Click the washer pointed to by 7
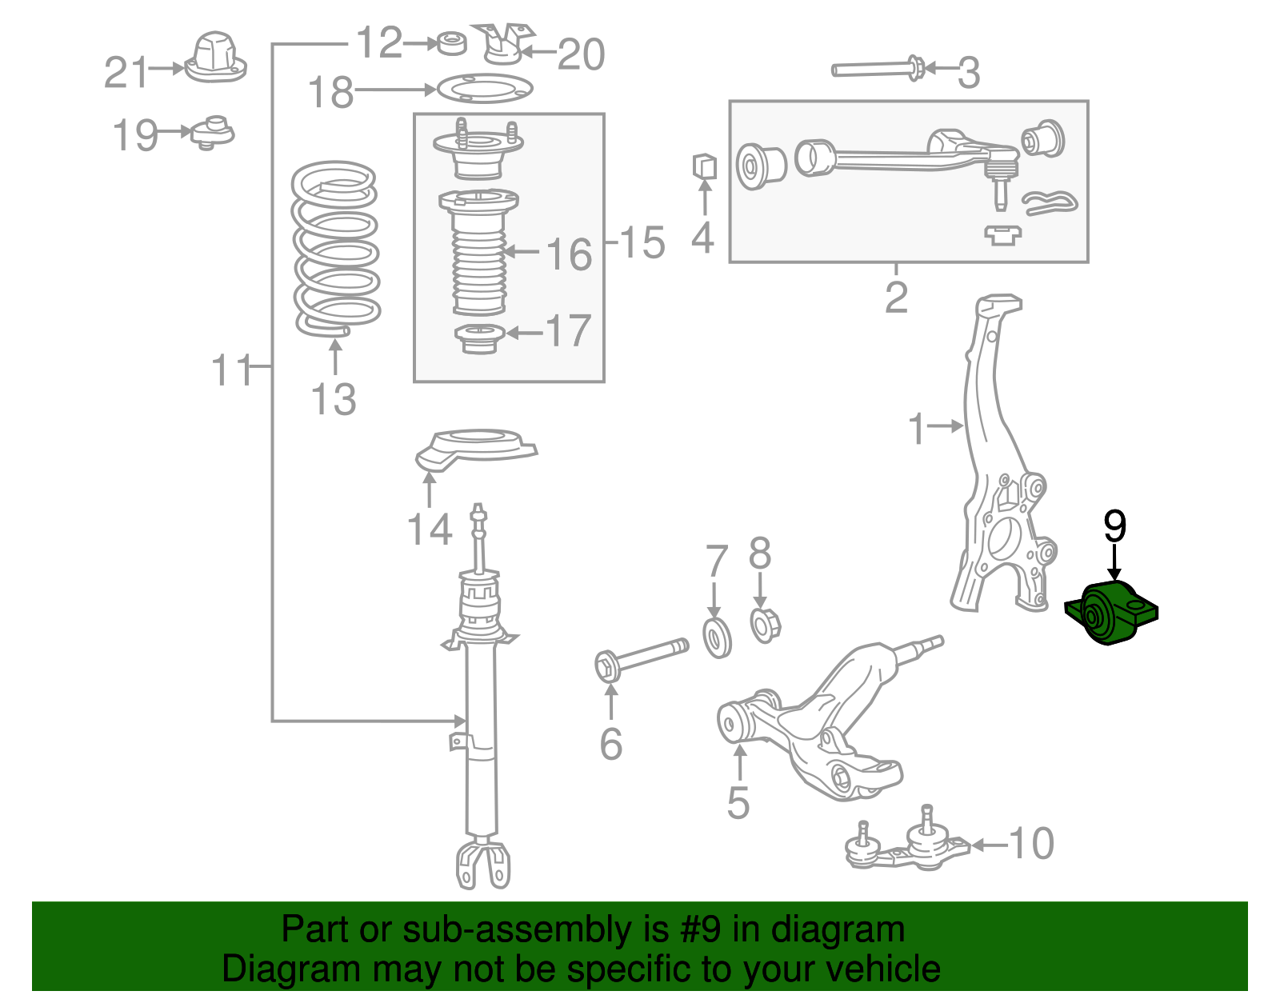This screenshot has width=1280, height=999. coord(717,637)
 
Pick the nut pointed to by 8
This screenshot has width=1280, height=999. coord(765,625)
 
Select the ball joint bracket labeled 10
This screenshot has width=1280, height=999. coord(908,849)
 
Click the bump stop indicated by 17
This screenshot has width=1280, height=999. coord(478,339)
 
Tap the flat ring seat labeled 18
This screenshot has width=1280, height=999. coord(483,88)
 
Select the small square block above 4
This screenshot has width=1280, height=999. coord(703,166)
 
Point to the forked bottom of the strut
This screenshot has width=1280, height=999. coord(482,864)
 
